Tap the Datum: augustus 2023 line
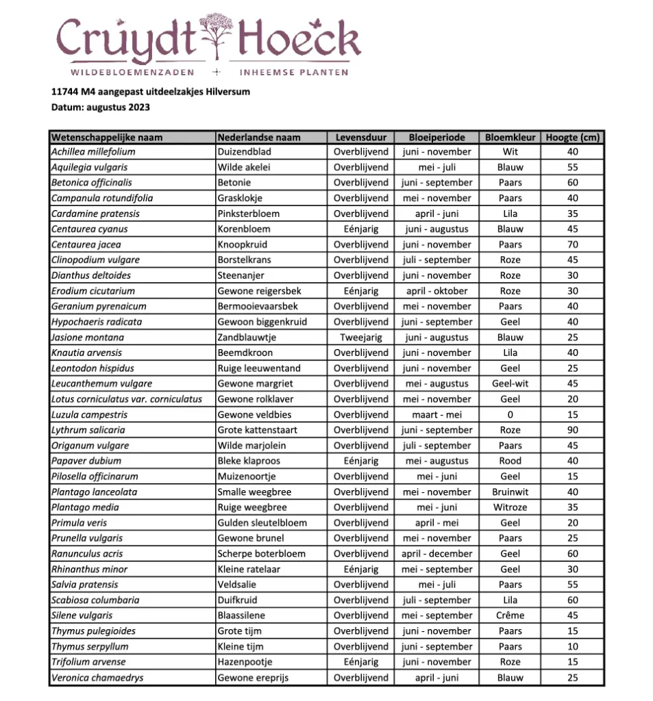tap(100, 107)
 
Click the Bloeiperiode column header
tap(436, 137)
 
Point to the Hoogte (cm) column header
tap(572, 137)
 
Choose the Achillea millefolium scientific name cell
tap(93, 152)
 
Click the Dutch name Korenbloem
tap(244, 229)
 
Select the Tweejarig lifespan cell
tap(360, 337)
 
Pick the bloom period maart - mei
tap(436, 415)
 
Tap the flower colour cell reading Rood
tap(510, 461)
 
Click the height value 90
tap(572, 430)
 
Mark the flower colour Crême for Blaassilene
tap(510, 615)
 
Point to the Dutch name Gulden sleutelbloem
tap(262, 523)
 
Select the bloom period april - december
tap(436, 554)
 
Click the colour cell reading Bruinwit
tap(510, 492)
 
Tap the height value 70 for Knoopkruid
tap(572, 244)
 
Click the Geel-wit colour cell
tap(510, 384)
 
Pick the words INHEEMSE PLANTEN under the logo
tap(293, 72)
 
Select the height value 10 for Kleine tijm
tap(572, 646)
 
